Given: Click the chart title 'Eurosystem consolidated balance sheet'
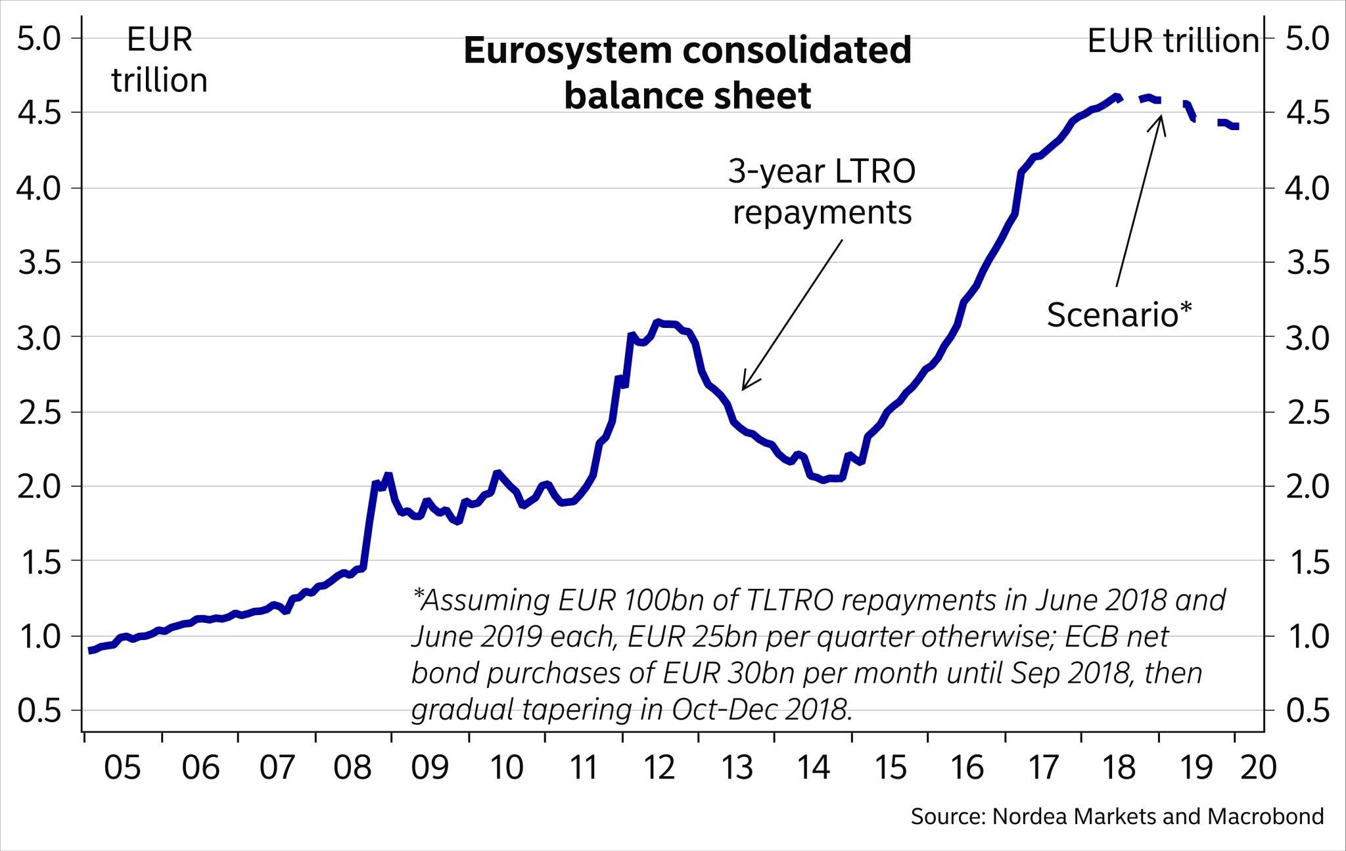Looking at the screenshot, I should pyautogui.click(x=687, y=73).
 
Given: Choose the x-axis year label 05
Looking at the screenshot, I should pyautogui.click(x=123, y=768).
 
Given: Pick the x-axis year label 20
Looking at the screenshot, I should pyautogui.click(x=1259, y=768).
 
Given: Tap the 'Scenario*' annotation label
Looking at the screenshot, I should pyautogui.click(x=1119, y=315).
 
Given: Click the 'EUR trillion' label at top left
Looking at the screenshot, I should pyautogui.click(x=159, y=60).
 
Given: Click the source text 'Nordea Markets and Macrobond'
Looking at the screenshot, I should pyautogui.click(x=1157, y=816).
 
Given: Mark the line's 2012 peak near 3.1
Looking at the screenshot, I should pyautogui.click(x=657, y=322).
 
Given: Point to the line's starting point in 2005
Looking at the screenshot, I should pyautogui.click(x=90, y=651).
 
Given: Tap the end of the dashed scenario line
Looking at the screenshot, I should pyautogui.click(x=1237, y=127).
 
